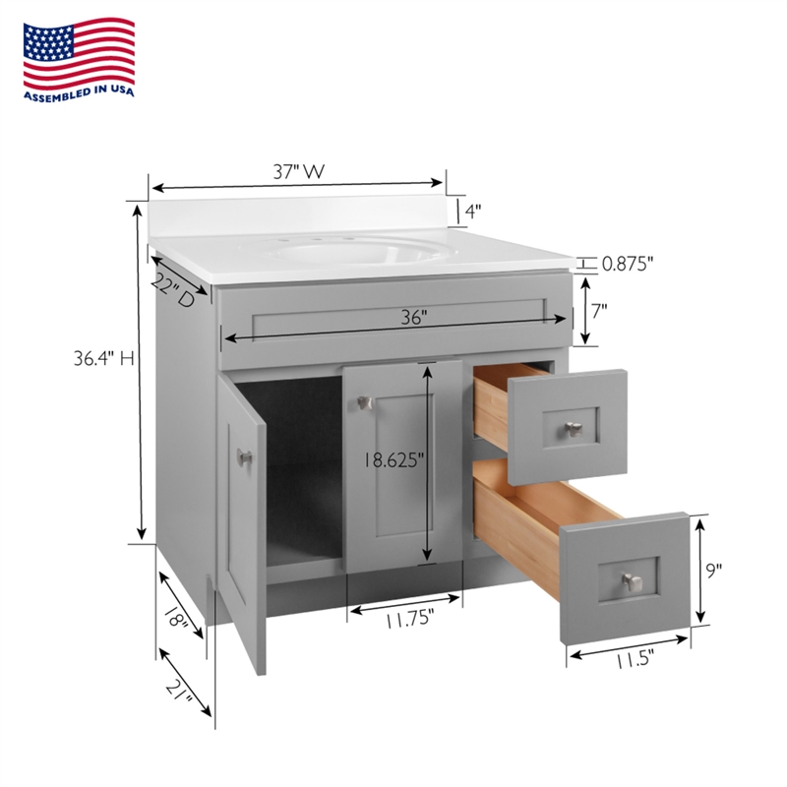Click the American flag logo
tap(79, 53)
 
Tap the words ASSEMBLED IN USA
tap(80, 93)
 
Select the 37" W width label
tap(299, 171)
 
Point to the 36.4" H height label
tap(104, 358)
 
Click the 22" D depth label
tap(173, 290)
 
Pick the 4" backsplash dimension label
tap(473, 212)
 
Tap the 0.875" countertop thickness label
tap(628, 264)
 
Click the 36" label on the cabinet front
tap(414, 317)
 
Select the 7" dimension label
tap(599, 311)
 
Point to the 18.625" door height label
tap(393, 459)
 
